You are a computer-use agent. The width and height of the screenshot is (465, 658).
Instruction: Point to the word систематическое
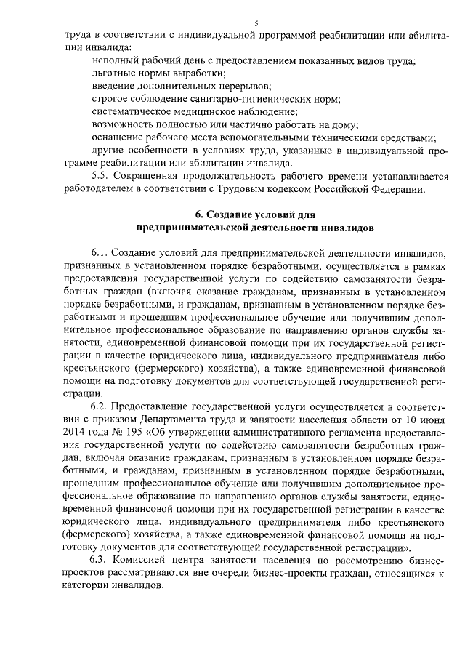(133, 112)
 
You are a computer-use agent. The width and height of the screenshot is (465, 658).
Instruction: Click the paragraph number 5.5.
(100, 177)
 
